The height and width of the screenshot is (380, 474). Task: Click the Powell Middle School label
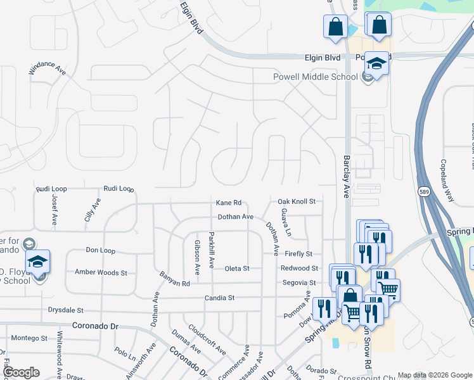click(315, 77)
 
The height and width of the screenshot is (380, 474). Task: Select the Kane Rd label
click(229, 203)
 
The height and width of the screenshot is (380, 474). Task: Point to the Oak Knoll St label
click(297, 201)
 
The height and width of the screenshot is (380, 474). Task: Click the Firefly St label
click(298, 254)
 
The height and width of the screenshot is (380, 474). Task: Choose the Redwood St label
click(298, 269)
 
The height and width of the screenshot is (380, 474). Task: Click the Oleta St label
click(237, 269)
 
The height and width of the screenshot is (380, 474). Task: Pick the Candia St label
click(219, 297)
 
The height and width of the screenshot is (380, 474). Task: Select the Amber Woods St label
click(101, 272)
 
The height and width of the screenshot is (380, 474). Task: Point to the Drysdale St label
click(66, 310)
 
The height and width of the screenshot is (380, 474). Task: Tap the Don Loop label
click(100, 250)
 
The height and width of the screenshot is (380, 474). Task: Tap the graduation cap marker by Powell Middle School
click(376, 65)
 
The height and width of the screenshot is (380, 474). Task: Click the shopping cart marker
click(388, 289)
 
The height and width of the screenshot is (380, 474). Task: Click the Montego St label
click(29, 338)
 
